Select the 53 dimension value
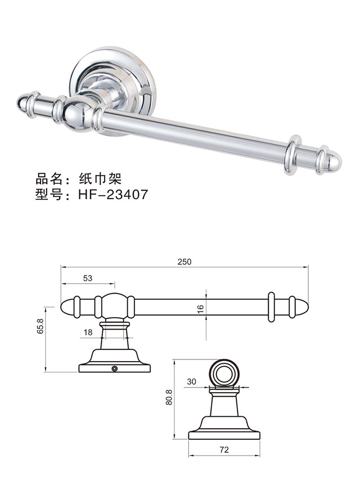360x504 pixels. [87, 278]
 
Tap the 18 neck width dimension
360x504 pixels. [88, 332]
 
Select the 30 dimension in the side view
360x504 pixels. [191, 381]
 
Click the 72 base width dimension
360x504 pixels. [224, 450]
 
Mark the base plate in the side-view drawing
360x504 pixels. [224, 435]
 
